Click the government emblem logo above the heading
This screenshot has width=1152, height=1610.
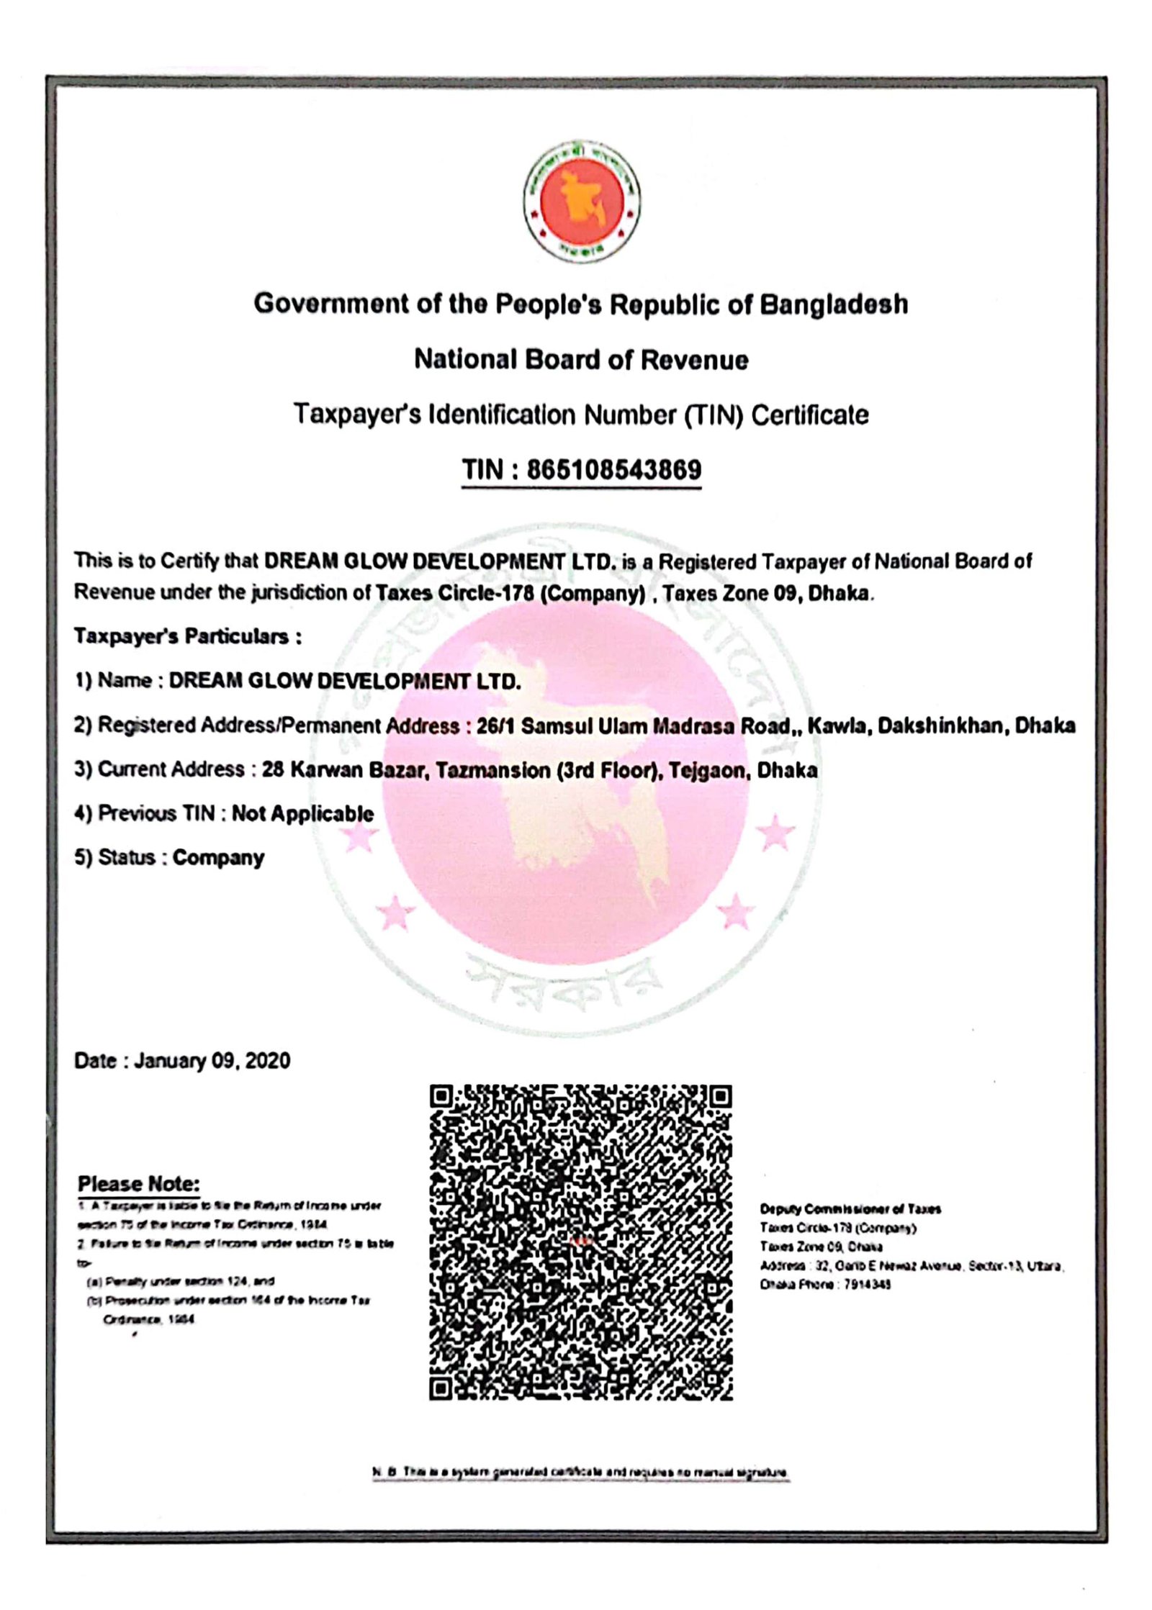pos(581,202)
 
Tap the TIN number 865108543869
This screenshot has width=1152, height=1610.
pos(613,469)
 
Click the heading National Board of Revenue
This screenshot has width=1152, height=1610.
pos(581,359)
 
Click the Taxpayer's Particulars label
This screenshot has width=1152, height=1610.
pos(187,636)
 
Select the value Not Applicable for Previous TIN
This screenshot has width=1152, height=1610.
pos(302,814)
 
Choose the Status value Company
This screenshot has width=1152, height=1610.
pos(218,858)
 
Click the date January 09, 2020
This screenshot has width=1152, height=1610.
pos(212,1061)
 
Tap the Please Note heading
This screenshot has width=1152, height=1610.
pos(138,1183)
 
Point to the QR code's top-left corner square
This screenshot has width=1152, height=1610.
pos(441,1097)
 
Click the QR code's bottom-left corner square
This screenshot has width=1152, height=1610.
pos(441,1388)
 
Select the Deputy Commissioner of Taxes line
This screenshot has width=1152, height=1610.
pos(850,1208)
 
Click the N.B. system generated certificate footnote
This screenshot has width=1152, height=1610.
pos(580,1472)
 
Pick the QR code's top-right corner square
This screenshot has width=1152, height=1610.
pos(721,1097)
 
